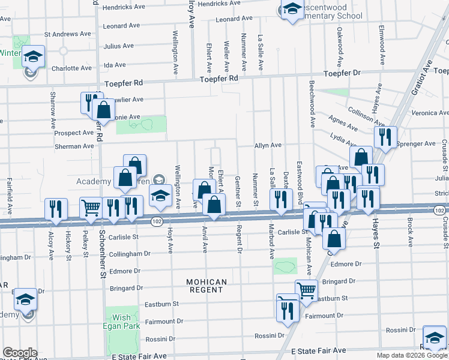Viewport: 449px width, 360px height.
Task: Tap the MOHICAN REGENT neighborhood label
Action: [206, 286]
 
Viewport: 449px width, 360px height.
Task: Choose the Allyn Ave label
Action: [268, 145]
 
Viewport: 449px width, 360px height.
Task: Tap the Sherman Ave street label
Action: [74, 146]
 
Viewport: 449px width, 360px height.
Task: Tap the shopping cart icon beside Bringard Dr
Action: [306, 290]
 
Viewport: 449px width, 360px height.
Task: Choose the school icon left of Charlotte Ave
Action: [34, 57]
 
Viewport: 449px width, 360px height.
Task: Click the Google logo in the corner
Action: [20, 353]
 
